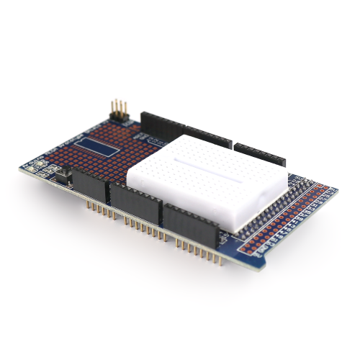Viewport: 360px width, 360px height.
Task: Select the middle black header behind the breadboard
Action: (x=208, y=138)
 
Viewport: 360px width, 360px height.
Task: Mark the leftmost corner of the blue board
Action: (x=20, y=168)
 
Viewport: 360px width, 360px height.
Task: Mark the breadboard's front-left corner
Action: (x=130, y=180)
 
